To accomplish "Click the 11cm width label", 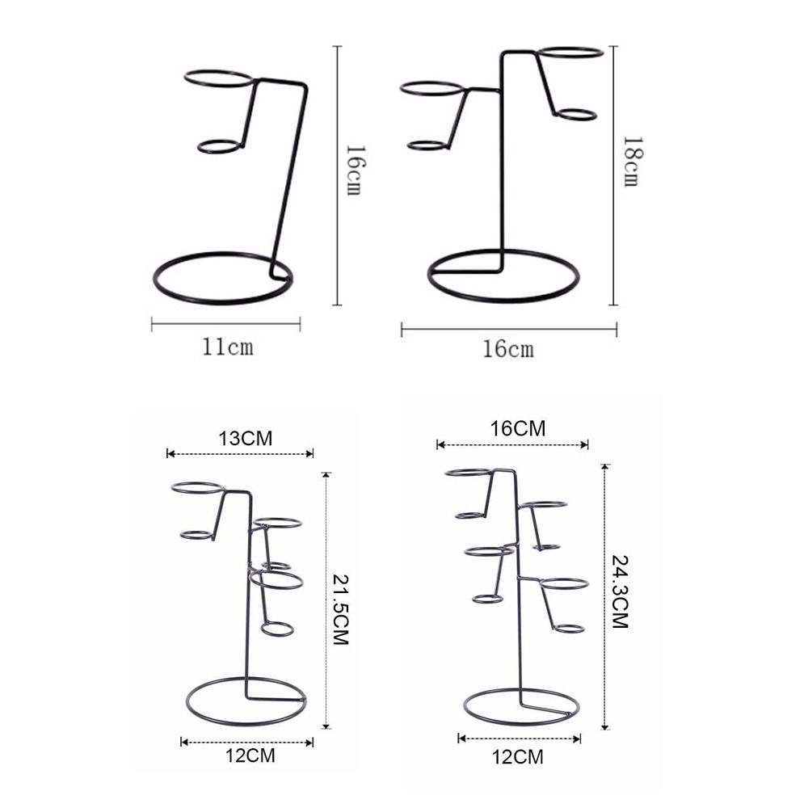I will pos(227,347).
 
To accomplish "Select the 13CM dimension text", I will pos(245,438).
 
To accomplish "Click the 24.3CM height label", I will pos(620,592).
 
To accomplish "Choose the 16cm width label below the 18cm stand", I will pos(508,349).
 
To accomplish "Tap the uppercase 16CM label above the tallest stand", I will pos(518,428).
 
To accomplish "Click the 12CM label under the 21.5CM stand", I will pos(248,756).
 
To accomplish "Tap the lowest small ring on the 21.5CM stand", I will pos(277,629).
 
